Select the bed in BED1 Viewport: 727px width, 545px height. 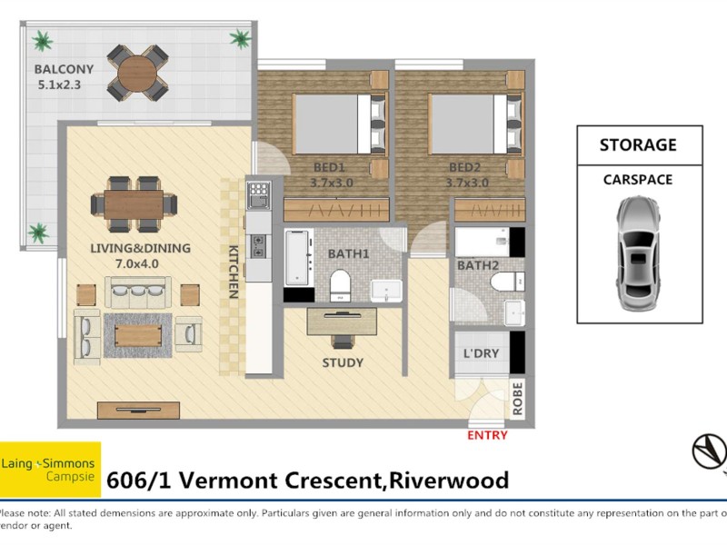pos(335,123)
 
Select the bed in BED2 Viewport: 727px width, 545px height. pos(469,123)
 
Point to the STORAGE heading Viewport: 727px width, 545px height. pos(638,144)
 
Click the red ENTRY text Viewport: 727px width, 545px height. pos(487,436)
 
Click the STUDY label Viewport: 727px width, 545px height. pos(343,362)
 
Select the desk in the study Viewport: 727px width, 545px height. pos(342,322)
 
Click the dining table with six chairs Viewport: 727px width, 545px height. pos(134,204)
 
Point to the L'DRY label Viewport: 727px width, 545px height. pos(481,353)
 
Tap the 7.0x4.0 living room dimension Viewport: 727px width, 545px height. pos(135,264)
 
